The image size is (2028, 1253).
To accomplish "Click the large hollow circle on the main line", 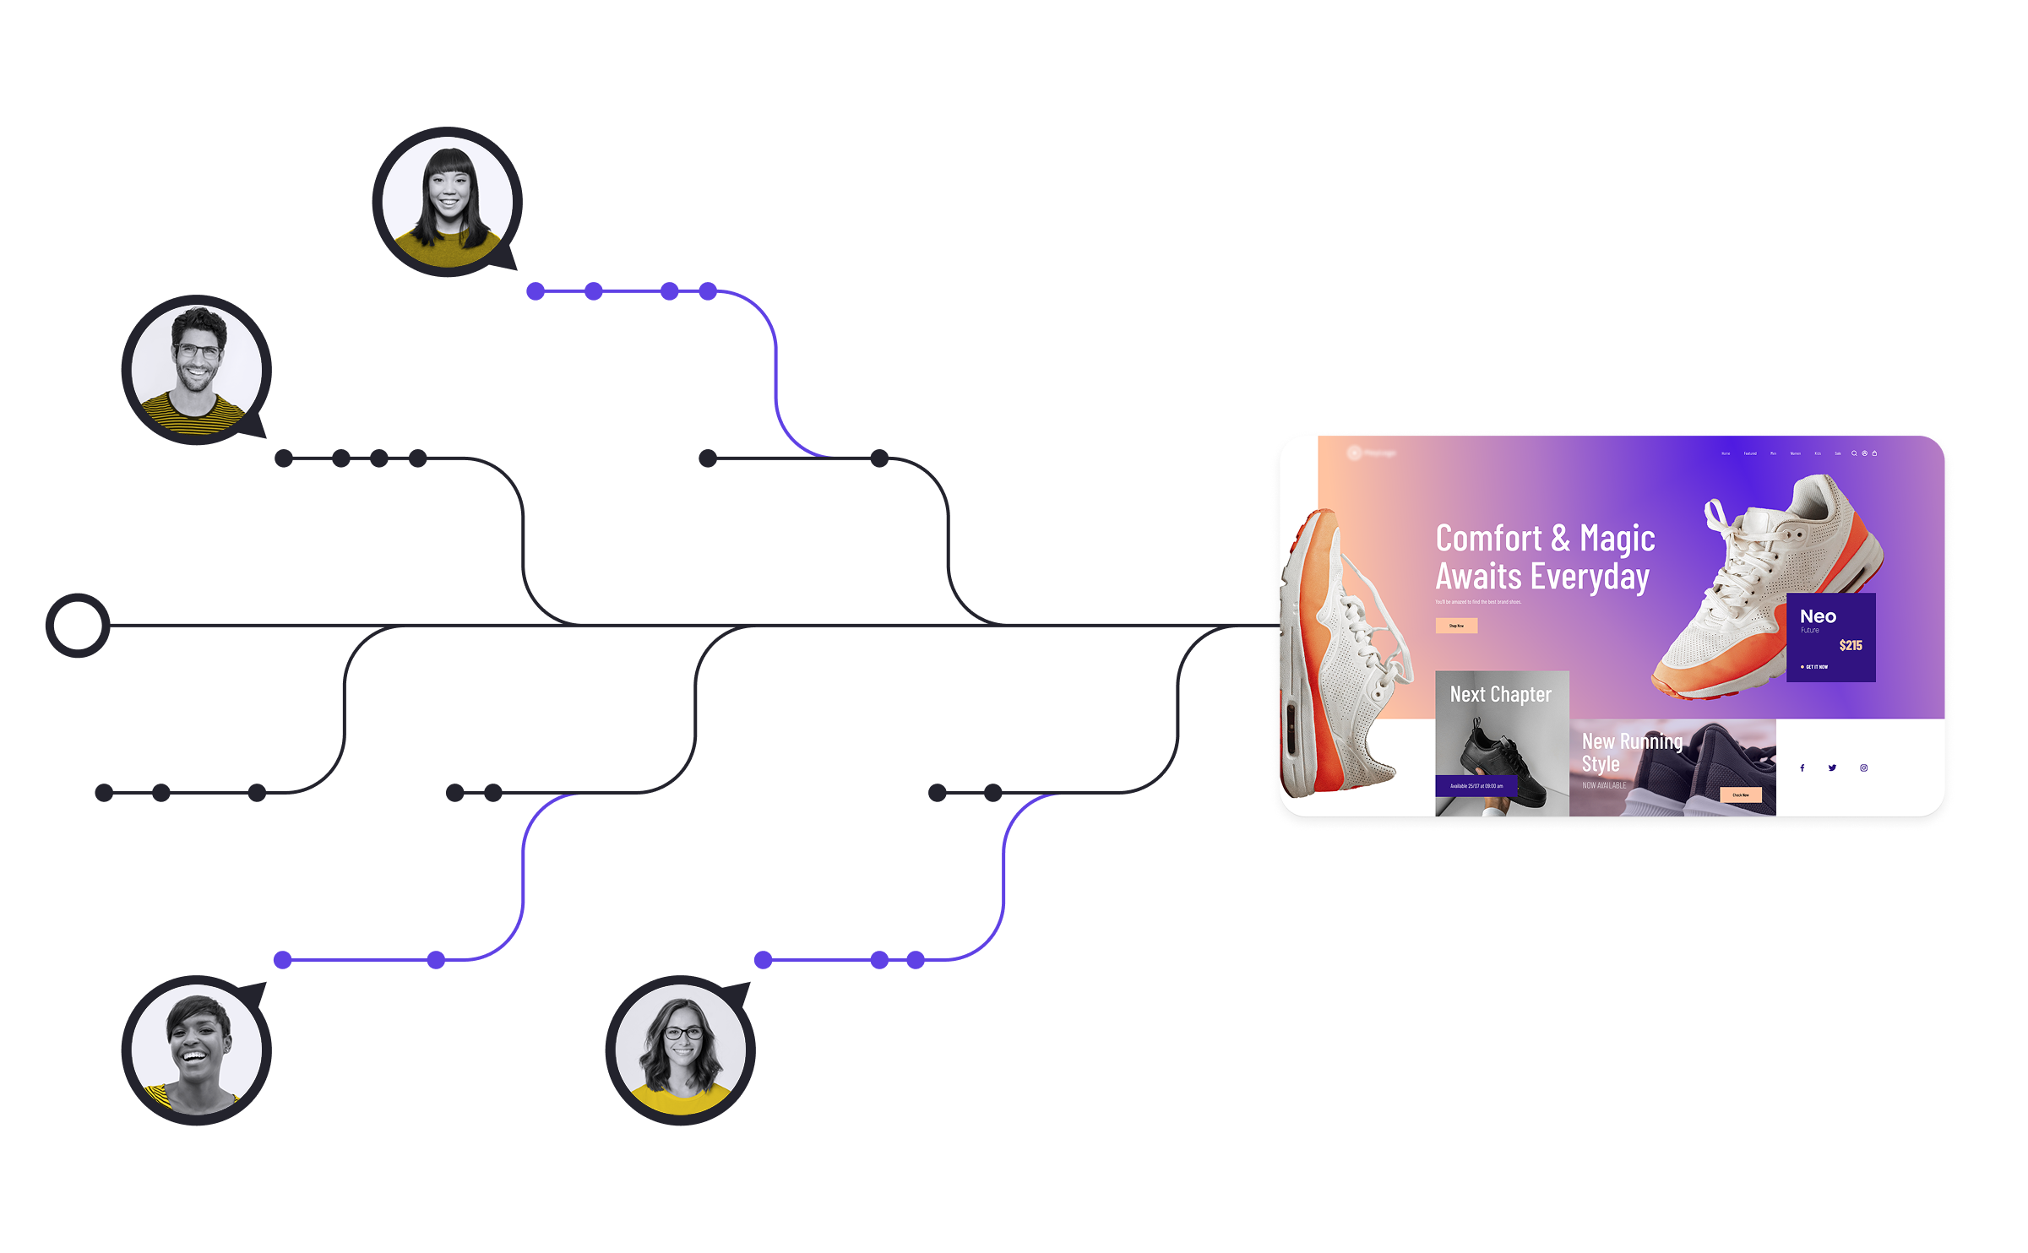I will point(78,625).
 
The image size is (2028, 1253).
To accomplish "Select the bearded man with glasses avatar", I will point(196,370).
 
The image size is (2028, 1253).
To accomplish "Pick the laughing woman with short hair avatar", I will point(196,1050).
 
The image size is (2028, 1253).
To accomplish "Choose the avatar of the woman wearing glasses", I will point(680,1050).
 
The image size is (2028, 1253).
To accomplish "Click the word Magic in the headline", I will point(1617,539).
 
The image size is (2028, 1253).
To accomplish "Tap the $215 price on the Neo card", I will point(1850,645).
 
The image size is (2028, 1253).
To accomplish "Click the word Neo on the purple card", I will point(1818,616).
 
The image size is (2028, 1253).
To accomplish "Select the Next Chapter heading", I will point(1500,694).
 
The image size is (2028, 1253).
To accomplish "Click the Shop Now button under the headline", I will point(1456,626).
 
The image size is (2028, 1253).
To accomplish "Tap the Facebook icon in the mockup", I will point(1802,768).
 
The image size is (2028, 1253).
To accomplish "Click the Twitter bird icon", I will point(1832,768).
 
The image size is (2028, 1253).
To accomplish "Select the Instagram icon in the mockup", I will point(1863,768).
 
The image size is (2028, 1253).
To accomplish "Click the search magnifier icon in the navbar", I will point(1854,453).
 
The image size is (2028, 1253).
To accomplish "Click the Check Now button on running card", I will point(1740,795).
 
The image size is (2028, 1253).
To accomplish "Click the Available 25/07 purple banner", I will point(1476,786).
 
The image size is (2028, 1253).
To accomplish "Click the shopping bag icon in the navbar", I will point(1874,453).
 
